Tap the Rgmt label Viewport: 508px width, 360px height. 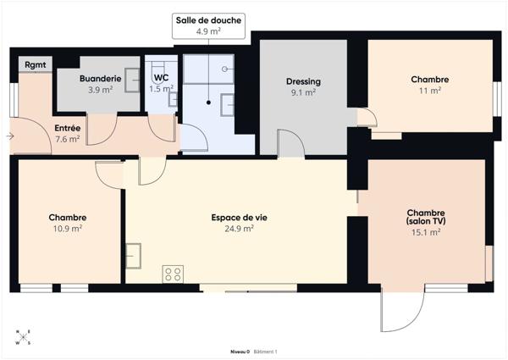(x=36, y=64)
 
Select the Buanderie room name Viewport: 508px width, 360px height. (x=101, y=78)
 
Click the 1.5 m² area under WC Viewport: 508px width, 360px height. (x=161, y=89)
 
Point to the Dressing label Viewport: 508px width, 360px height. (x=302, y=82)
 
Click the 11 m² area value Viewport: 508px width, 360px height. (x=429, y=90)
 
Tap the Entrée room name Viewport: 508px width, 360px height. (x=68, y=129)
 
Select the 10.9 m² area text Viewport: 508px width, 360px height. (x=67, y=228)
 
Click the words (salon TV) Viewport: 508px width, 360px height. (x=426, y=222)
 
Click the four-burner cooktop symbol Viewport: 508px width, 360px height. (x=173, y=273)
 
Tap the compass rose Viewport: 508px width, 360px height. (x=23, y=336)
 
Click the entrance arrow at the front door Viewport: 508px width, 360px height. (x=9, y=136)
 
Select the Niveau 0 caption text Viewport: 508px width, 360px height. (x=240, y=351)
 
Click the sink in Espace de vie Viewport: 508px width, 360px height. (x=134, y=253)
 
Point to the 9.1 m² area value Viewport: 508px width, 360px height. (x=302, y=92)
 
